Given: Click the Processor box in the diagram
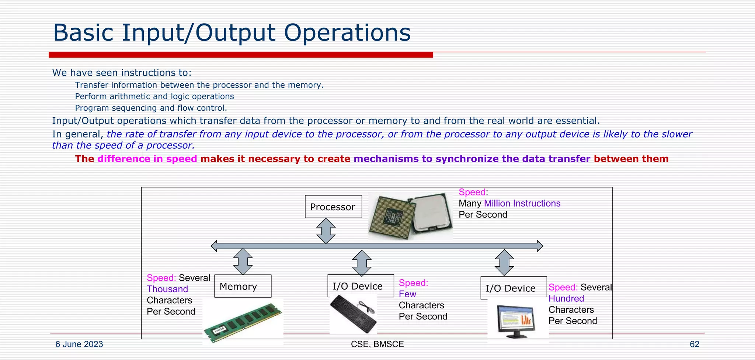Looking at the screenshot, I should tap(333, 207).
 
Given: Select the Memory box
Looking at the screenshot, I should tap(243, 286).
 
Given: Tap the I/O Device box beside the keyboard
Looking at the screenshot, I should tap(360, 286).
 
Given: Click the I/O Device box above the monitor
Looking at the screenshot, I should tap(513, 288).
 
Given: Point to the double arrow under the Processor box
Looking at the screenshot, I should tap(326, 231).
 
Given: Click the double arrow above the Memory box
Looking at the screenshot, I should tap(243, 262).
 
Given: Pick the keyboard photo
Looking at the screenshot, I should tap(353, 314).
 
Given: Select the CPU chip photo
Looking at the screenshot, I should tap(410, 216).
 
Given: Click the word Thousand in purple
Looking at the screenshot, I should tap(167, 289).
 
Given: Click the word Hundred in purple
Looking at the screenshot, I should tap(566, 298).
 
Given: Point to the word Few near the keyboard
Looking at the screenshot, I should tap(407, 294).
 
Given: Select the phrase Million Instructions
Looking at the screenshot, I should tap(522, 203).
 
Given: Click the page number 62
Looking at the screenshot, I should tap(694, 344).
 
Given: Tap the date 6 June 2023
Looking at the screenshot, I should tap(79, 344).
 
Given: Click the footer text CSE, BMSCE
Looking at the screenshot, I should tap(377, 344).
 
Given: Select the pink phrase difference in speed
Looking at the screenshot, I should tap(147, 159).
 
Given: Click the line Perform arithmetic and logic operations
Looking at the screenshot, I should tap(154, 97).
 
